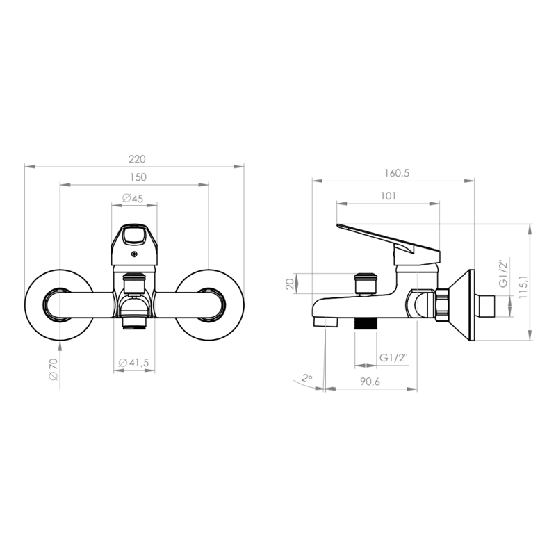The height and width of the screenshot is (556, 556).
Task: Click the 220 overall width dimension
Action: (x=137, y=159)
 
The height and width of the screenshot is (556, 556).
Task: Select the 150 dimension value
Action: (x=138, y=177)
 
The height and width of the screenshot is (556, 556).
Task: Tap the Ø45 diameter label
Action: (x=133, y=198)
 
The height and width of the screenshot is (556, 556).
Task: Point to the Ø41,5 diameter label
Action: (x=133, y=363)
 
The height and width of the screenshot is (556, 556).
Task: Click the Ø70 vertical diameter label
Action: (x=54, y=369)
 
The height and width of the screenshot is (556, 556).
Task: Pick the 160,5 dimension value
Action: (x=397, y=173)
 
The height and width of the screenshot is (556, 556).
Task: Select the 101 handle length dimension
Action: (x=388, y=196)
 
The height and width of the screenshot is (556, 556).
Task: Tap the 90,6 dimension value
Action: (x=370, y=382)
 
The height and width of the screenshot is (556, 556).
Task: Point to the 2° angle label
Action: (x=307, y=378)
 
